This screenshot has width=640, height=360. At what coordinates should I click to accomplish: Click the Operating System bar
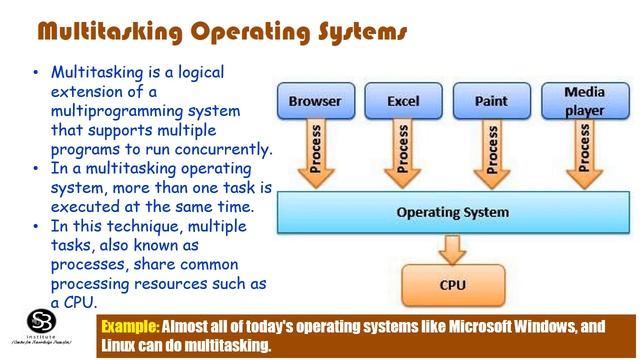452,213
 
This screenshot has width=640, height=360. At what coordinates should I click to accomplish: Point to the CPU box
452,285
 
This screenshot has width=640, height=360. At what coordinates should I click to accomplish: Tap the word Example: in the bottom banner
131,326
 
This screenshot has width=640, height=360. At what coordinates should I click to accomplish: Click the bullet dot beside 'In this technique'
37,227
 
